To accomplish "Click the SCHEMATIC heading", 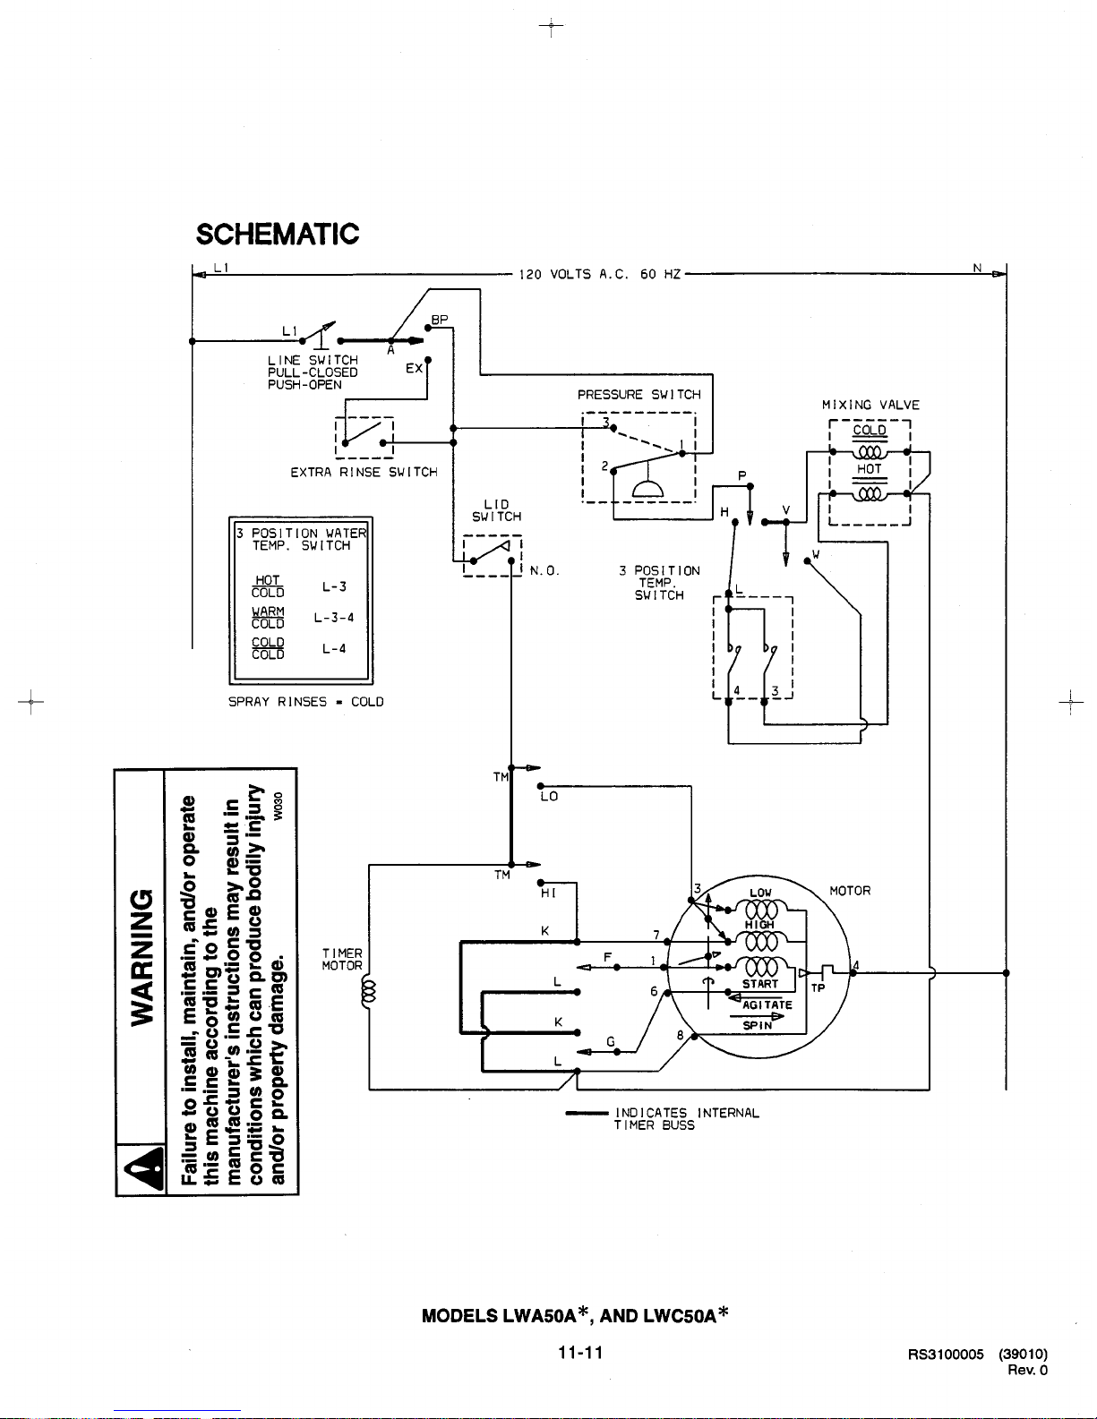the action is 278,235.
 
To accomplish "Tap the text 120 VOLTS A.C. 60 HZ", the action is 599,274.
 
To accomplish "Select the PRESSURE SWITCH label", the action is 638,395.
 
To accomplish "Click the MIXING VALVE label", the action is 870,405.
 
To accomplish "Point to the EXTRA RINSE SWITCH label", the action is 364,472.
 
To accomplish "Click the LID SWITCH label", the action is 496,510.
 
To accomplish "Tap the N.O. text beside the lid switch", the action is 544,571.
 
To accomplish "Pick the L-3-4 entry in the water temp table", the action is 334,617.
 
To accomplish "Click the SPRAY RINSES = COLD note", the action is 305,702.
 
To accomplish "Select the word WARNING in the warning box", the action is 142,957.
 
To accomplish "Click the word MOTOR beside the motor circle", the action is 850,891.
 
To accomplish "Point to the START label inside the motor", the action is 760,984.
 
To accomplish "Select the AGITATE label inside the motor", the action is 767,1005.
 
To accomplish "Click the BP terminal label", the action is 440,320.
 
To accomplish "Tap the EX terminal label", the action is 414,368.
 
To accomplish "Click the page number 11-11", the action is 580,1353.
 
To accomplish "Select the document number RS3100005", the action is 946,1355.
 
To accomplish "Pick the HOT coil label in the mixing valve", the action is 870,469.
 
